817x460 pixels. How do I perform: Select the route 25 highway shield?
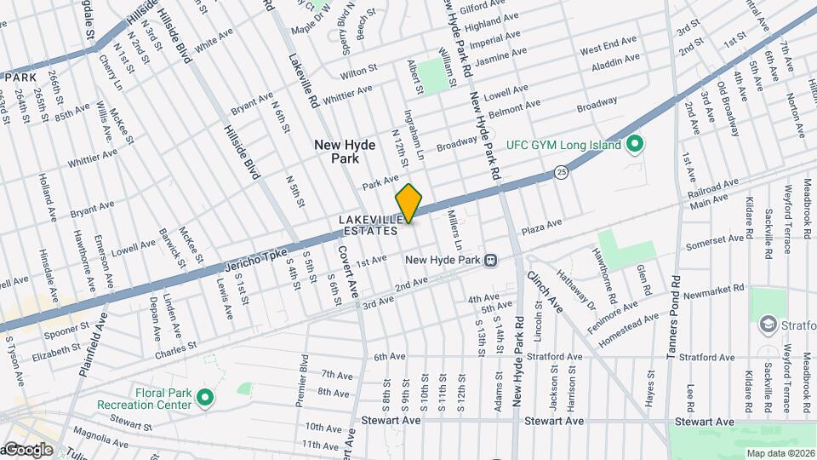point(561,172)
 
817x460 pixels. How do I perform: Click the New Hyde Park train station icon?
point(490,261)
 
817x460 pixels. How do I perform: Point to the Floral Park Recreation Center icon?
point(205,397)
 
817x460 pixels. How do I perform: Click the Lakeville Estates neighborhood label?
point(369,225)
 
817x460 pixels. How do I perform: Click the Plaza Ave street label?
point(542,227)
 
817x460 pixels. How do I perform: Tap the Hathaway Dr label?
point(576,290)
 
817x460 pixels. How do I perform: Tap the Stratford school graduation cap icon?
point(768,325)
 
